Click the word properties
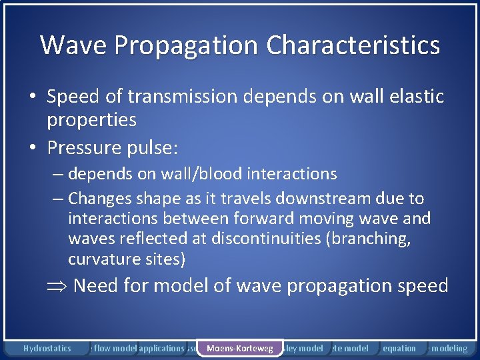click(x=91, y=120)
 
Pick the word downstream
click(x=323, y=199)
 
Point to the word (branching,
click(x=375, y=239)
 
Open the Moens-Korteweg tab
click(x=239, y=348)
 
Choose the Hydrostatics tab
click(x=47, y=348)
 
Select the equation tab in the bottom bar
click(x=399, y=348)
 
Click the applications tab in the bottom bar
click(x=161, y=348)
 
